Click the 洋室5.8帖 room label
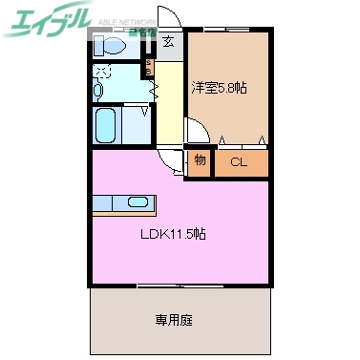(x=220, y=88)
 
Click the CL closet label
(x=239, y=161)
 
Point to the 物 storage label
(x=200, y=160)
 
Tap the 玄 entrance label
(x=168, y=41)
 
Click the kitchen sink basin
(x=138, y=203)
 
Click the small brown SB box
(x=149, y=69)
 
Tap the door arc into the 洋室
(x=195, y=132)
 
